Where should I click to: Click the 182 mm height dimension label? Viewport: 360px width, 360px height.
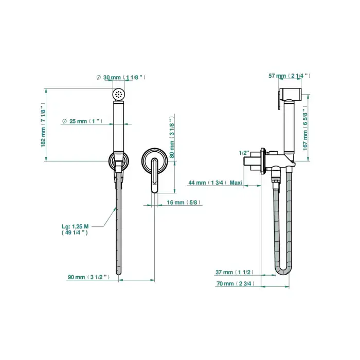click(x=43, y=125)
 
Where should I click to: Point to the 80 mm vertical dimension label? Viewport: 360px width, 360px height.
click(x=172, y=137)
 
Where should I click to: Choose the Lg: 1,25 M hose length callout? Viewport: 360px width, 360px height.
click(x=75, y=229)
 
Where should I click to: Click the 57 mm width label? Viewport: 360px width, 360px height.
click(x=290, y=76)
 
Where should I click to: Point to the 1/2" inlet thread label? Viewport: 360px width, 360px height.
click(x=244, y=153)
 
